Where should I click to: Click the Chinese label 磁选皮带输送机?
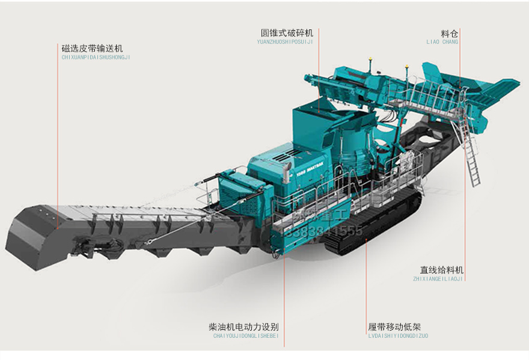tap(92, 47)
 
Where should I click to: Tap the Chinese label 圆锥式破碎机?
tap(287, 32)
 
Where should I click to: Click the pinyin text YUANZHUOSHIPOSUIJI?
tap(284, 42)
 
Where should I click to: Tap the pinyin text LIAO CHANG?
tap(442, 42)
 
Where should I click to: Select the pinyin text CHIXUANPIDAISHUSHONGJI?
tap(96, 57)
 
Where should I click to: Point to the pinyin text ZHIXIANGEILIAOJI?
tap(438, 279)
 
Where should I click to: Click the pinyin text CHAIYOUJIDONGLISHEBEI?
tap(246, 336)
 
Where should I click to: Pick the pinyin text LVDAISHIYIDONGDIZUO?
tap(398, 336)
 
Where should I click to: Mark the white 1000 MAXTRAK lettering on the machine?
tap(311, 170)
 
